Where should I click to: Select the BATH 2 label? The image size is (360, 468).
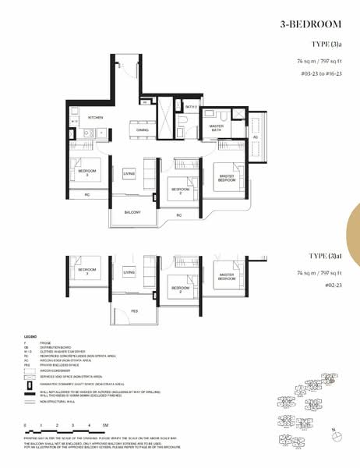(191, 106)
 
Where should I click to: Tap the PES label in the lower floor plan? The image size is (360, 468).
(134, 310)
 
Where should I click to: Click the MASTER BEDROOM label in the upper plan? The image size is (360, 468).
(227, 179)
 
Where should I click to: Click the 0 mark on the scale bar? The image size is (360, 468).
(26, 424)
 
